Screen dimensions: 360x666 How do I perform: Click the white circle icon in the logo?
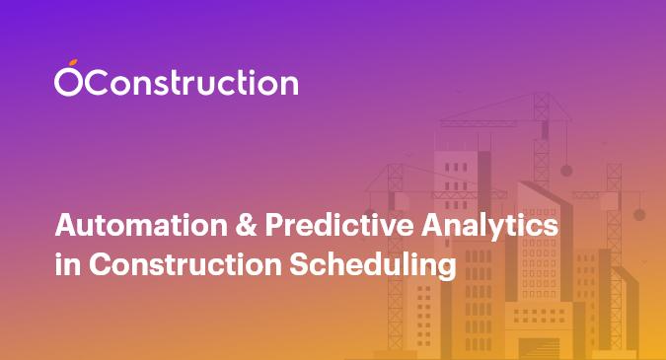[x=66, y=84]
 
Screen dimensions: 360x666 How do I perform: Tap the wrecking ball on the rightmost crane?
[x=638, y=213]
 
